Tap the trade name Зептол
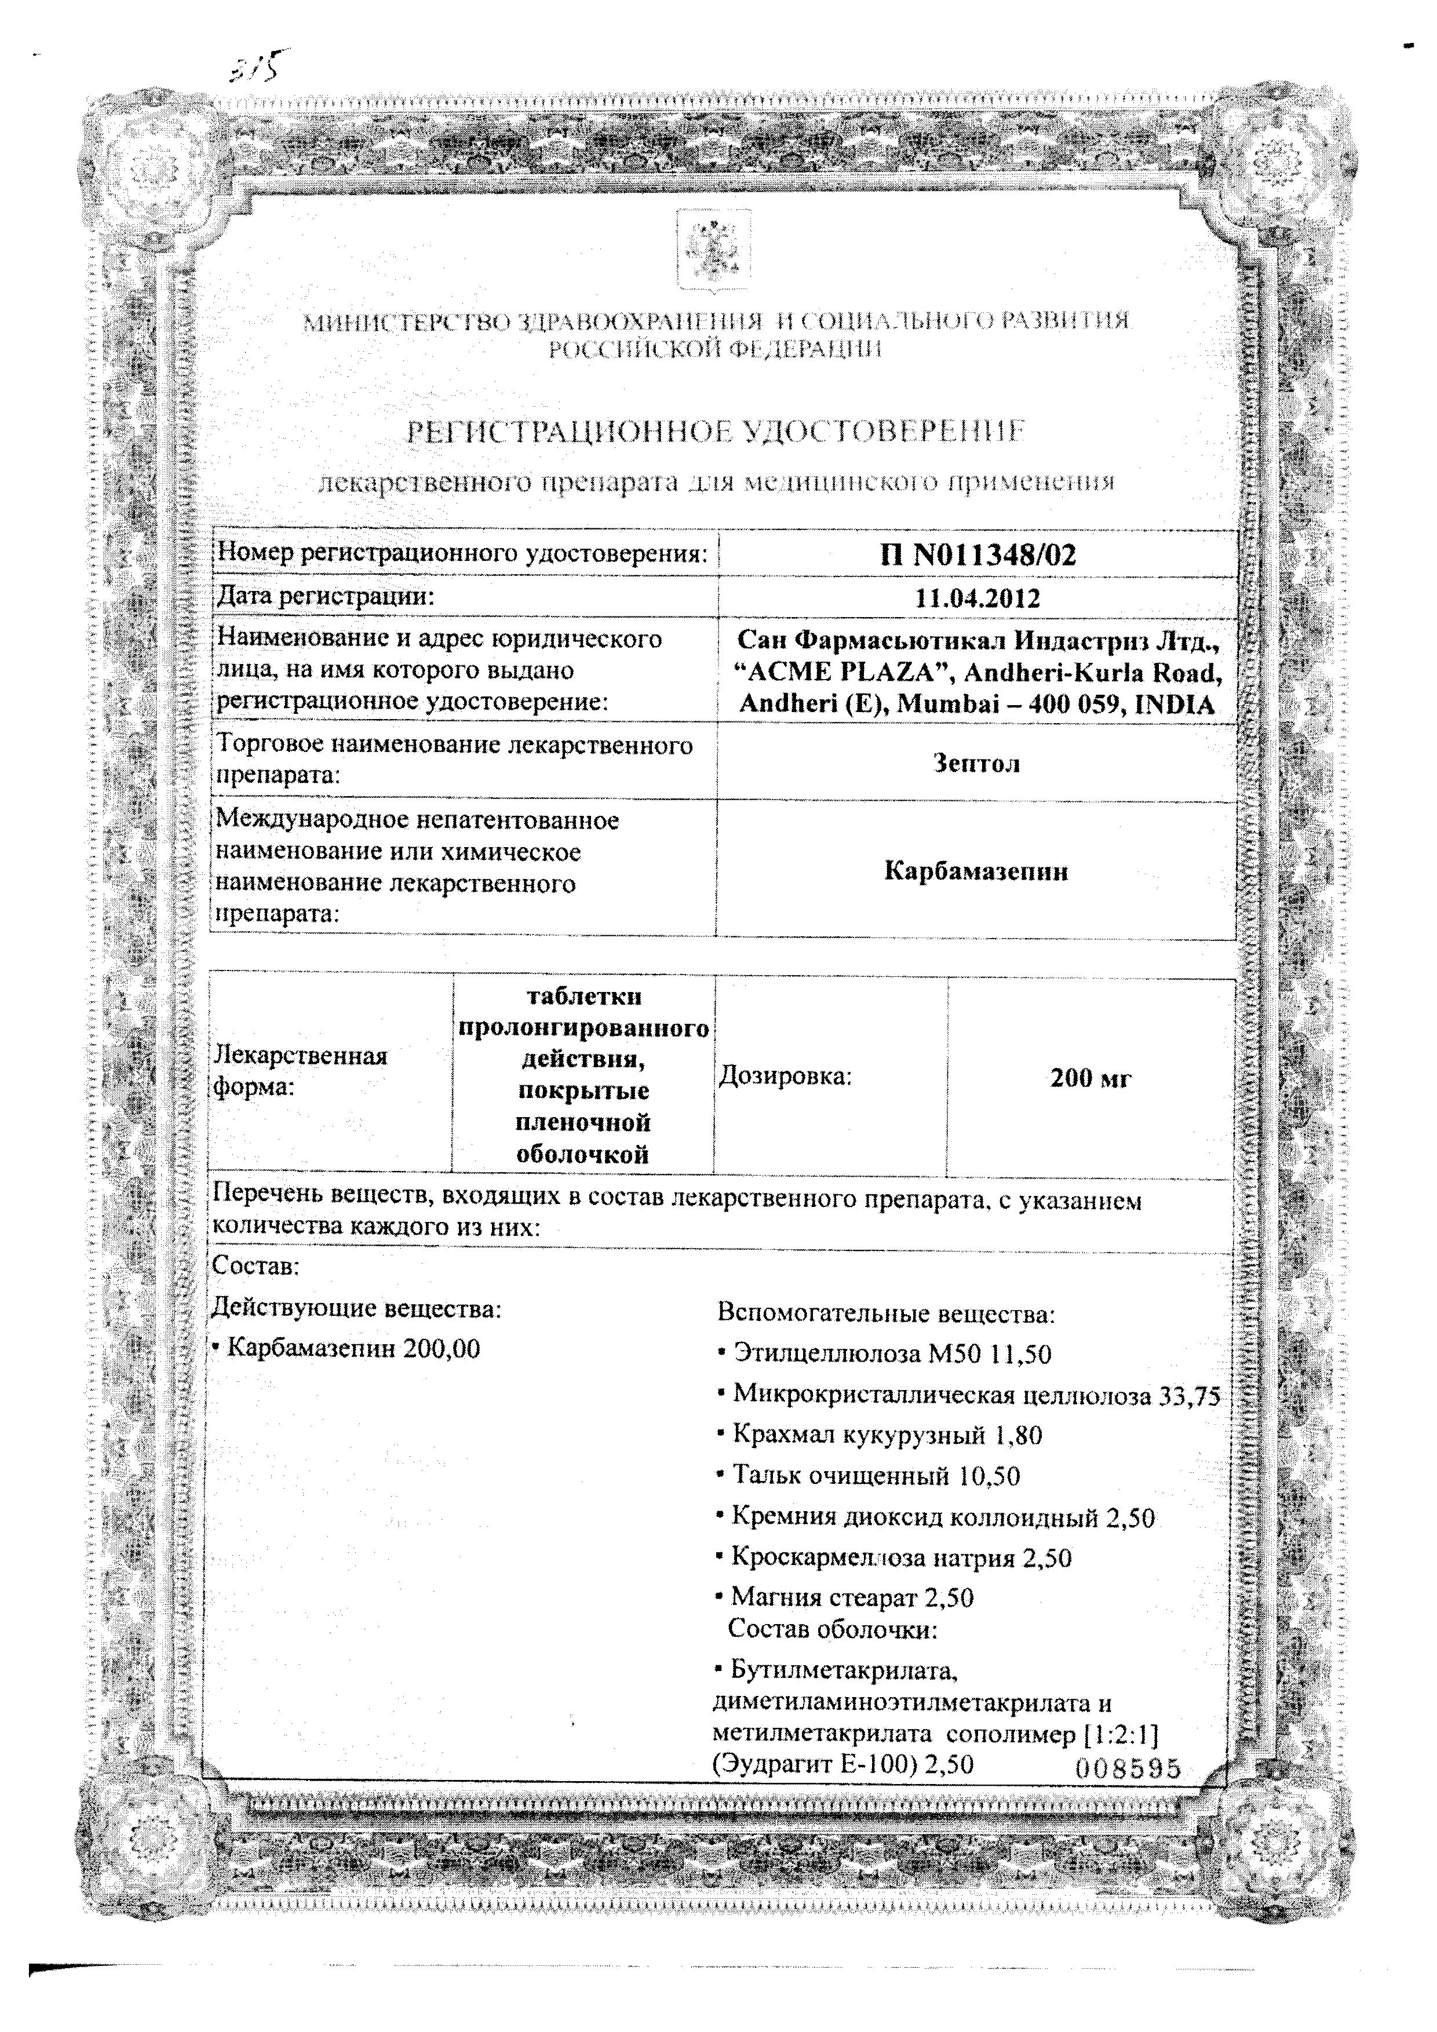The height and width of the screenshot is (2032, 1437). (977, 763)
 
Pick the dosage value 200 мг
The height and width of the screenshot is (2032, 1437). (1090, 1078)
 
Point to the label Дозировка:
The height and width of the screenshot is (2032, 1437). (785, 1076)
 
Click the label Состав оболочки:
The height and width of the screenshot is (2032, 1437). (831, 1628)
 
